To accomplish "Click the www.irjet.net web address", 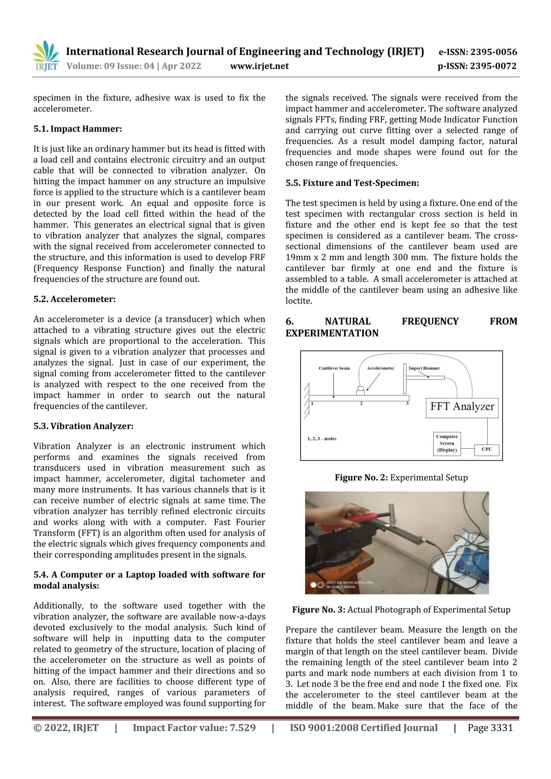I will [259, 66].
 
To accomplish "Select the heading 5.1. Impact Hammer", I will [77, 129].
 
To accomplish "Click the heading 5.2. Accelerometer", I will [74, 299].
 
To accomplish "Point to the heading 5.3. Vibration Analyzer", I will [83, 426].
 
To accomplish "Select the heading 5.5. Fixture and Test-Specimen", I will [352, 183].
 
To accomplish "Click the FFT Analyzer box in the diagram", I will [462, 407].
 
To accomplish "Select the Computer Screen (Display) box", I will [447, 443].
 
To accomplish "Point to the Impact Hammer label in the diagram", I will [424, 368].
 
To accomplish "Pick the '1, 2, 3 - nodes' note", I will [322, 439].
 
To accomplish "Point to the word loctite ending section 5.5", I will [298, 301].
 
